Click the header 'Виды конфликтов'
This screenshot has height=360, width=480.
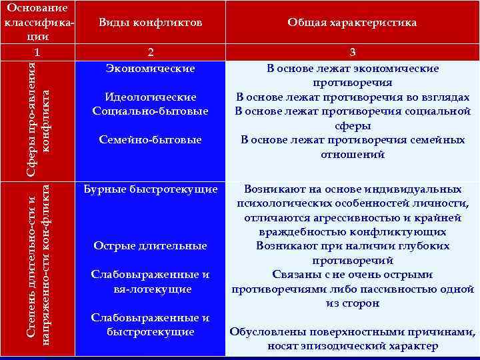click(x=150, y=23)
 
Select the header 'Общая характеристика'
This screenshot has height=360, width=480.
click(x=352, y=23)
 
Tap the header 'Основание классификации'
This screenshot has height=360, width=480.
click(x=38, y=23)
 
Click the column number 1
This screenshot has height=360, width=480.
click(x=38, y=52)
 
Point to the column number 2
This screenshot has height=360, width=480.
click(x=150, y=52)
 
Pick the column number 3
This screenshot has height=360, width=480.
click(x=352, y=52)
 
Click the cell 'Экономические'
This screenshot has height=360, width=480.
click(x=151, y=68)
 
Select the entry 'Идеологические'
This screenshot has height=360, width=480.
click(x=151, y=97)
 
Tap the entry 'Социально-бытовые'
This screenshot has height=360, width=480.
click(x=151, y=111)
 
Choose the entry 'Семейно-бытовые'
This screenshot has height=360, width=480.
click(x=151, y=140)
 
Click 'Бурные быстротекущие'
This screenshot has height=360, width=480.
click(x=151, y=189)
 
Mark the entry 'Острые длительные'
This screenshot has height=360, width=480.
click(x=151, y=246)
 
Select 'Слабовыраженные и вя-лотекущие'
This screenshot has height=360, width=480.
click(x=151, y=282)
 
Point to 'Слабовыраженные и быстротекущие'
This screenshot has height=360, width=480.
click(x=151, y=325)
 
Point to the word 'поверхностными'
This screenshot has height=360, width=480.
click(x=347, y=332)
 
